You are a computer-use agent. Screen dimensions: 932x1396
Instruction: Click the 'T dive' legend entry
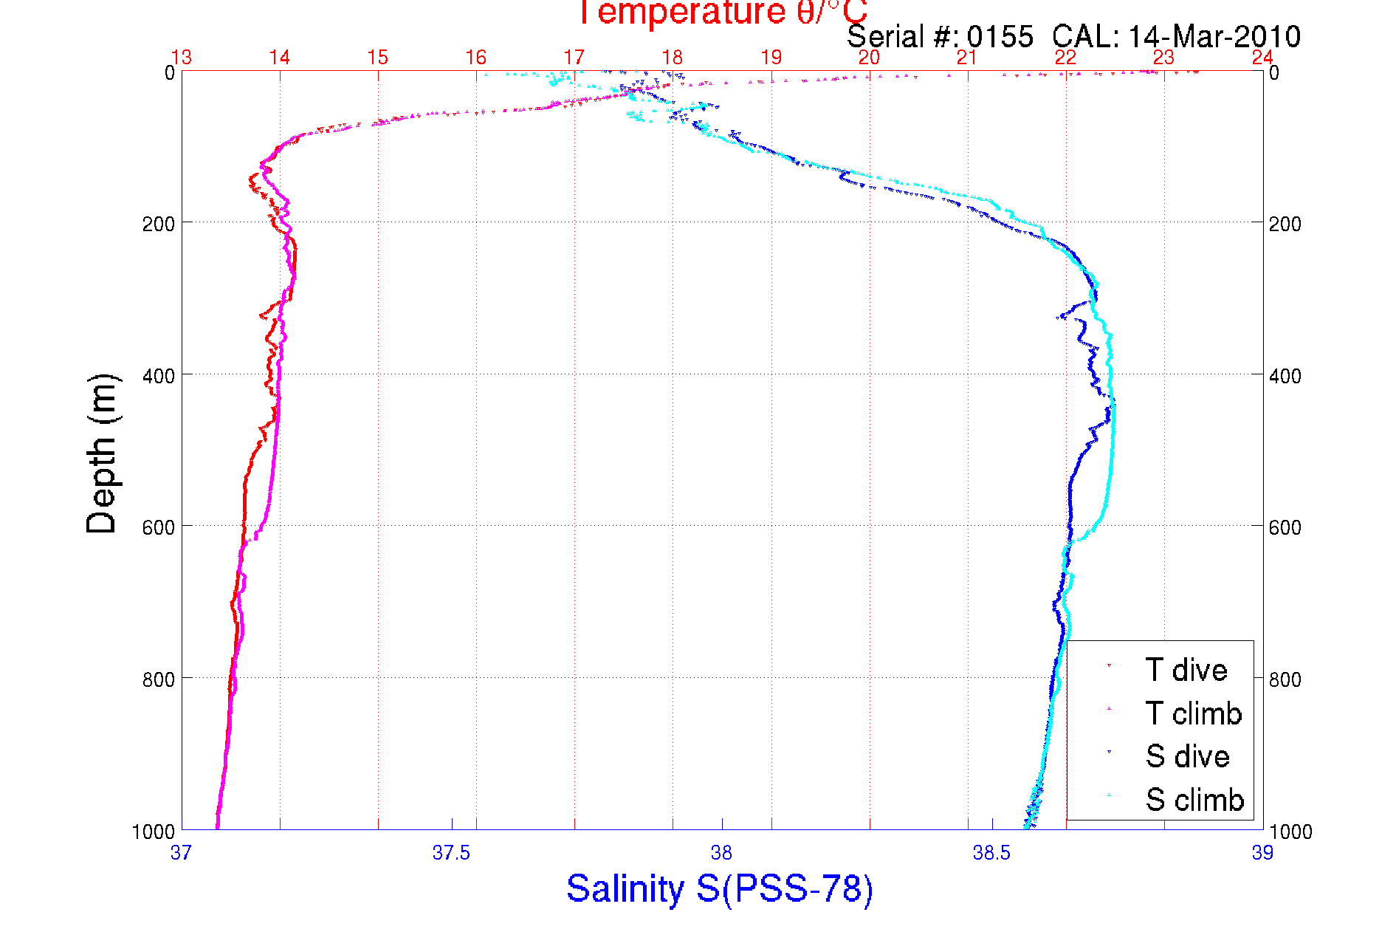click(x=1186, y=670)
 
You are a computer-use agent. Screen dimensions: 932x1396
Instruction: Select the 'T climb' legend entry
click(x=1193, y=713)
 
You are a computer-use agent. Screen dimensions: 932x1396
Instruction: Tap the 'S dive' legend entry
click(x=1187, y=756)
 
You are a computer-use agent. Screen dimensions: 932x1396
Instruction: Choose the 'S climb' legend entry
click(x=1194, y=800)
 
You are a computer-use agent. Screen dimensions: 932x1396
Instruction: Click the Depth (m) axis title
click(x=102, y=453)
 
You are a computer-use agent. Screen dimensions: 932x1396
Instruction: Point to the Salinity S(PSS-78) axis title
click(x=720, y=888)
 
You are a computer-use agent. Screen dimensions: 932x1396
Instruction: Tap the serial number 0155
click(x=1000, y=37)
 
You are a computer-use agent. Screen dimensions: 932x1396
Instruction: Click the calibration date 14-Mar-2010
click(x=1214, y=37)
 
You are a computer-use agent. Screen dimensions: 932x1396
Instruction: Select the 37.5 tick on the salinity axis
click(x=451, y=853)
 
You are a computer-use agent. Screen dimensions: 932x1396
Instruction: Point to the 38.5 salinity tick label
click(x=991, y=853)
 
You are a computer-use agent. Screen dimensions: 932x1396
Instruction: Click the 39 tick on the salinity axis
click(x=1262, y=853)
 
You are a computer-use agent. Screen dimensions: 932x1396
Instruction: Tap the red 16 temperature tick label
click(x=476, y=58)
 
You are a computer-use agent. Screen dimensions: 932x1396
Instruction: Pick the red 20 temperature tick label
click(x=869, y=58)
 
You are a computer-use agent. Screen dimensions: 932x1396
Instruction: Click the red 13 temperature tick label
click(x=182, y=58)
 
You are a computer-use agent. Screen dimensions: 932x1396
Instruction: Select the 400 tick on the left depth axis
click(x=158, y=376)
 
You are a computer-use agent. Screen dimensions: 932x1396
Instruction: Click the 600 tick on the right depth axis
click(x=1285, y=527)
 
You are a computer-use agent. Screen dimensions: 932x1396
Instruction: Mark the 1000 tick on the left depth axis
click(x=154, y=832)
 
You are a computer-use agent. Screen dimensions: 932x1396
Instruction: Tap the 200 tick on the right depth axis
click(x=1285, y=224)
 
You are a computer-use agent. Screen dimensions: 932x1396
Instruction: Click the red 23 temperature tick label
click(x=1163, y=58)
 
